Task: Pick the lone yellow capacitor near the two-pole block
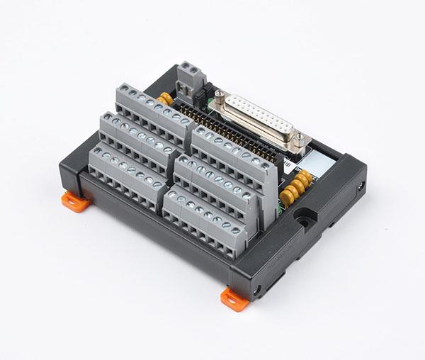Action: (166, 98)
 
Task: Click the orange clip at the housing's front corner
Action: (234, 298)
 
